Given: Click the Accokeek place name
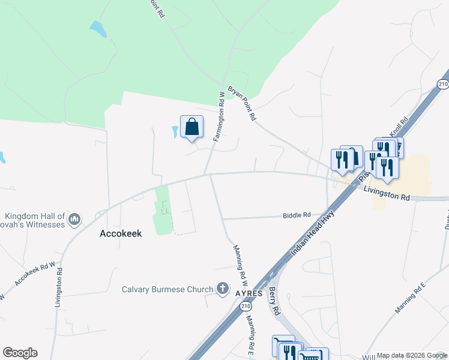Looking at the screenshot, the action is (120, 234).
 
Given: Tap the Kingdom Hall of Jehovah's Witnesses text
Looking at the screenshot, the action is (35, 221).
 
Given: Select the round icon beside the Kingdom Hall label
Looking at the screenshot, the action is (74, 220).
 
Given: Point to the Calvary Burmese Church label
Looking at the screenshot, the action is (167, 289).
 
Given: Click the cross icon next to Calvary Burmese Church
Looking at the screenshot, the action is (223, 289).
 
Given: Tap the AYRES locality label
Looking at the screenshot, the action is (249, 292).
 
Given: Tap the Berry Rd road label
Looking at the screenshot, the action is (274, 302).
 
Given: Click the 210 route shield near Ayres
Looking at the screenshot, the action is (245, 307).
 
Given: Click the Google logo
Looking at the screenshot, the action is (20, 353).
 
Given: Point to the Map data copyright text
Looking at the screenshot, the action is (412, 356).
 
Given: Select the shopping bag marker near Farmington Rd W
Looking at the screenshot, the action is (191, 127).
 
